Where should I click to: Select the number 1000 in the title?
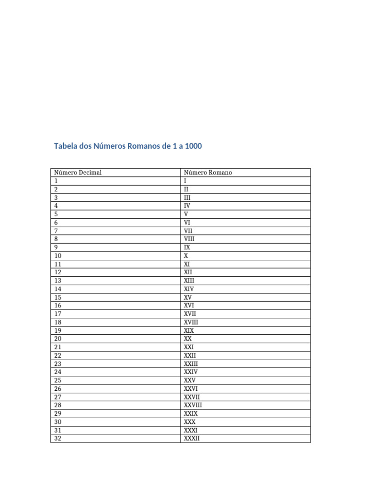click(193, 146)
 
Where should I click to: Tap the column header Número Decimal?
click(78, 173)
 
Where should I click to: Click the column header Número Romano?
click(208, 173)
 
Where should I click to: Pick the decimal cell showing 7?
click(56, 231)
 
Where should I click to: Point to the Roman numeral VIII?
click(189, 239)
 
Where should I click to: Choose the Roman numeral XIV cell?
click(189, 289)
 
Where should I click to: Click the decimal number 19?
click(58, 330)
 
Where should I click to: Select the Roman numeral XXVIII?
click(193, 405)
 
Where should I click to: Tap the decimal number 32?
click(58, 438)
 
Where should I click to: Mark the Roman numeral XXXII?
click(192, 438)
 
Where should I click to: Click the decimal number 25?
click(58, 380)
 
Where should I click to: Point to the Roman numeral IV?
click(187, 206)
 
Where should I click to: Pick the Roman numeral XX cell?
click(188, 339)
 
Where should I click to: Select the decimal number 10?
click(58, 256)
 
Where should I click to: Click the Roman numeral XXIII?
click(191, 363)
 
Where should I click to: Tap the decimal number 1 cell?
click(56, 181)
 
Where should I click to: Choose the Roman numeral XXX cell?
click(190, 422)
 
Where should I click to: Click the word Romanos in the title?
click(142, 146)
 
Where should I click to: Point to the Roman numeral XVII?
click(190, 314)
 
